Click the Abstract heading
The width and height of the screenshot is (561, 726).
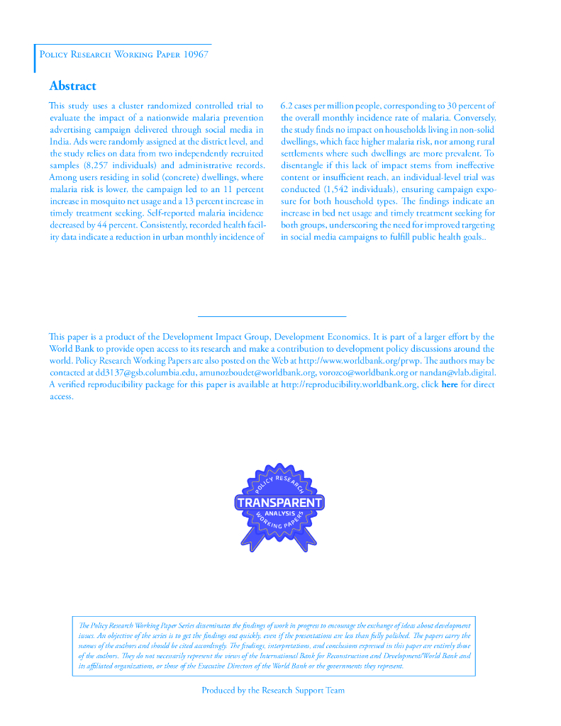click(72, 86)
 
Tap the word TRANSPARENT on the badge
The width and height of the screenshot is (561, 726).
click(279, 503)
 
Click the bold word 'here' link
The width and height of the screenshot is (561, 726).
click(450, 384)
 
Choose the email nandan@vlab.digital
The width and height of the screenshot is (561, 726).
click(452, 372)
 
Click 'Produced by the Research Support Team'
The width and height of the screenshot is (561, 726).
click(273, 690)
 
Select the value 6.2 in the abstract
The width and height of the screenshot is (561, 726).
click(288, 106)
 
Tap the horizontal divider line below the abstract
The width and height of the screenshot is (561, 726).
click(272, 316)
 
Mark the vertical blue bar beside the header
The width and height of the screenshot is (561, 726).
click(35, 58)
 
